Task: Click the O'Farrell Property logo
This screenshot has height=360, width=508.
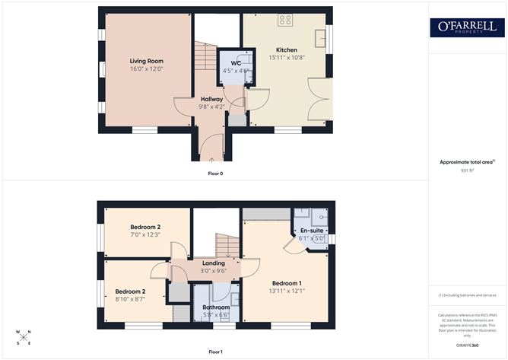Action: [x=468, y=27]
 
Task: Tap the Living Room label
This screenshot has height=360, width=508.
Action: [x=146, y=61]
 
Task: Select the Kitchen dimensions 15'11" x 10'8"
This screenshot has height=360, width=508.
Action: [x=286, y=58]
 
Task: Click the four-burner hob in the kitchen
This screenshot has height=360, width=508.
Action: [x=286, y=21]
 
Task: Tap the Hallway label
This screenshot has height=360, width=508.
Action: [x=211, y=99]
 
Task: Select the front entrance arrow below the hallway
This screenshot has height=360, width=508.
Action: [x=211, y=160]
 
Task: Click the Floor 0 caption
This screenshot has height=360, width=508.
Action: [x=215, y=174]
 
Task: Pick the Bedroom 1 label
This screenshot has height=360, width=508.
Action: [x=287, y=282]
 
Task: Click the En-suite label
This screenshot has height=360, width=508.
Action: [x=312, y=230]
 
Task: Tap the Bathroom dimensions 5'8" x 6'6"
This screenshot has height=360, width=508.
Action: [x=215, y=315]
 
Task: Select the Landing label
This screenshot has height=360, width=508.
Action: [x=213, y=263]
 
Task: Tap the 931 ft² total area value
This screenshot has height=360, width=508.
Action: [x=468, y=170]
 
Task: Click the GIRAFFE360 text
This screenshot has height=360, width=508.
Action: [x=468, y=345]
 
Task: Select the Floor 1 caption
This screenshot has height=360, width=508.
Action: [x=215, y=352]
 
